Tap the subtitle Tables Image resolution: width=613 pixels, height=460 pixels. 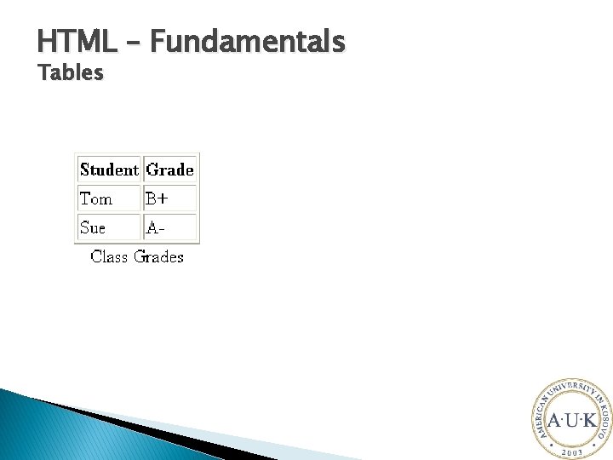tap(71, 73)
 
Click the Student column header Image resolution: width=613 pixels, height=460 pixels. tap(109, 170)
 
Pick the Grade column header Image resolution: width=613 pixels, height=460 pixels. tap(170, 170)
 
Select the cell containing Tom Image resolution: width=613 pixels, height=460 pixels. tap(96, 199)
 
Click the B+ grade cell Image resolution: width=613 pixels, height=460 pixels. tap(157, 199)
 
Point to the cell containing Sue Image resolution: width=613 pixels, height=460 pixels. tap(93, 227)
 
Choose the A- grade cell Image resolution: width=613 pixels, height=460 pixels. tap(155, 227)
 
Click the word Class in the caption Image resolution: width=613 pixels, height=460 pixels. tap(109, 256)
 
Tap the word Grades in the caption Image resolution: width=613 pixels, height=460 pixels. tap(158, 256)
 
